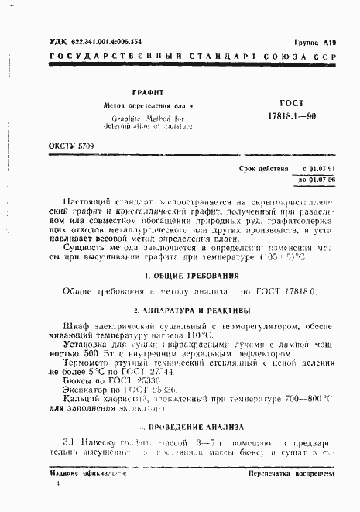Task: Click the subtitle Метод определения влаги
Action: click(x=148, y=105)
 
